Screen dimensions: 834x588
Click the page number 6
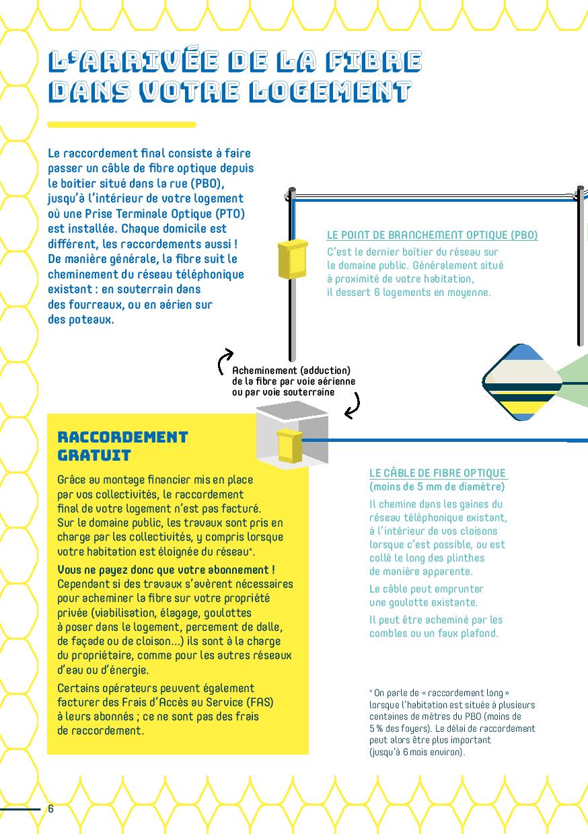[50, 808]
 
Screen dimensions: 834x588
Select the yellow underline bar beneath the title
[121, 124]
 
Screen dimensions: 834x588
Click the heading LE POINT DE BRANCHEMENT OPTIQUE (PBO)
[432, 235]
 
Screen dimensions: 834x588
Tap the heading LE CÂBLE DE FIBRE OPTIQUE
[437, 473]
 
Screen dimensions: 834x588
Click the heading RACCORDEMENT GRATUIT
[122, 446]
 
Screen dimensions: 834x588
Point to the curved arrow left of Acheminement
[224, 361]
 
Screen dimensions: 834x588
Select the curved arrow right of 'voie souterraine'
[353, 405]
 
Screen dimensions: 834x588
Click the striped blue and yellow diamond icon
[522, 382]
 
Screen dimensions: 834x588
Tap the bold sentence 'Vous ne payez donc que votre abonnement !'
[166, 570]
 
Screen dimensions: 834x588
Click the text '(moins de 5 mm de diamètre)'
[437, 486]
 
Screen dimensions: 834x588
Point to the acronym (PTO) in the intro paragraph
[230, 214]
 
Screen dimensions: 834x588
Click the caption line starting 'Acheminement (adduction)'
[291, 371]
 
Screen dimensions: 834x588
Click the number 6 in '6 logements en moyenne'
[377, 293]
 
